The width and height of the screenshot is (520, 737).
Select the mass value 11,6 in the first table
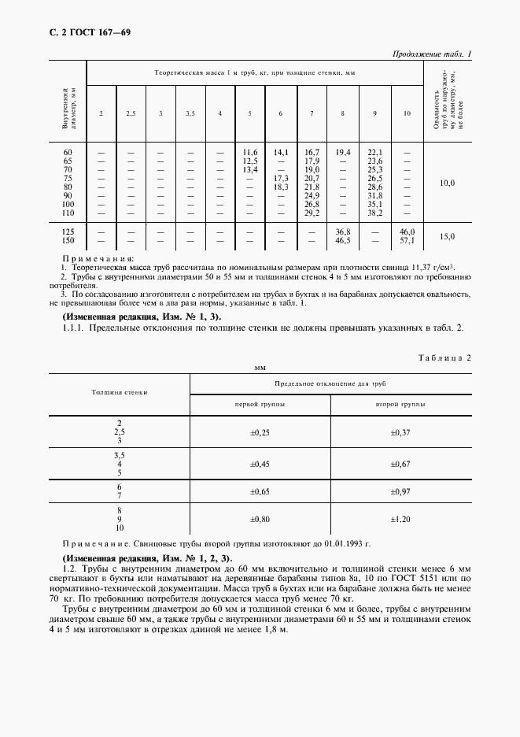250,152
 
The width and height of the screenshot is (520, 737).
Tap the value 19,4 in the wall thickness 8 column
342,152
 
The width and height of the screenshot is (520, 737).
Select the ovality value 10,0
447,183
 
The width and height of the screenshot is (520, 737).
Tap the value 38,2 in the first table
374,213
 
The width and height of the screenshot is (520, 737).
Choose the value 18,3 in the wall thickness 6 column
281,187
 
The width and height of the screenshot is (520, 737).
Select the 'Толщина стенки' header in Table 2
120,391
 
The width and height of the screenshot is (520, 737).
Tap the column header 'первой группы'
260,403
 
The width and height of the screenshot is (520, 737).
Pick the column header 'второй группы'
401,403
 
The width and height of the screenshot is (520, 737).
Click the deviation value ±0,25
260,433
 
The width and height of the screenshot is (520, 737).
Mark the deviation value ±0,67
401,465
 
